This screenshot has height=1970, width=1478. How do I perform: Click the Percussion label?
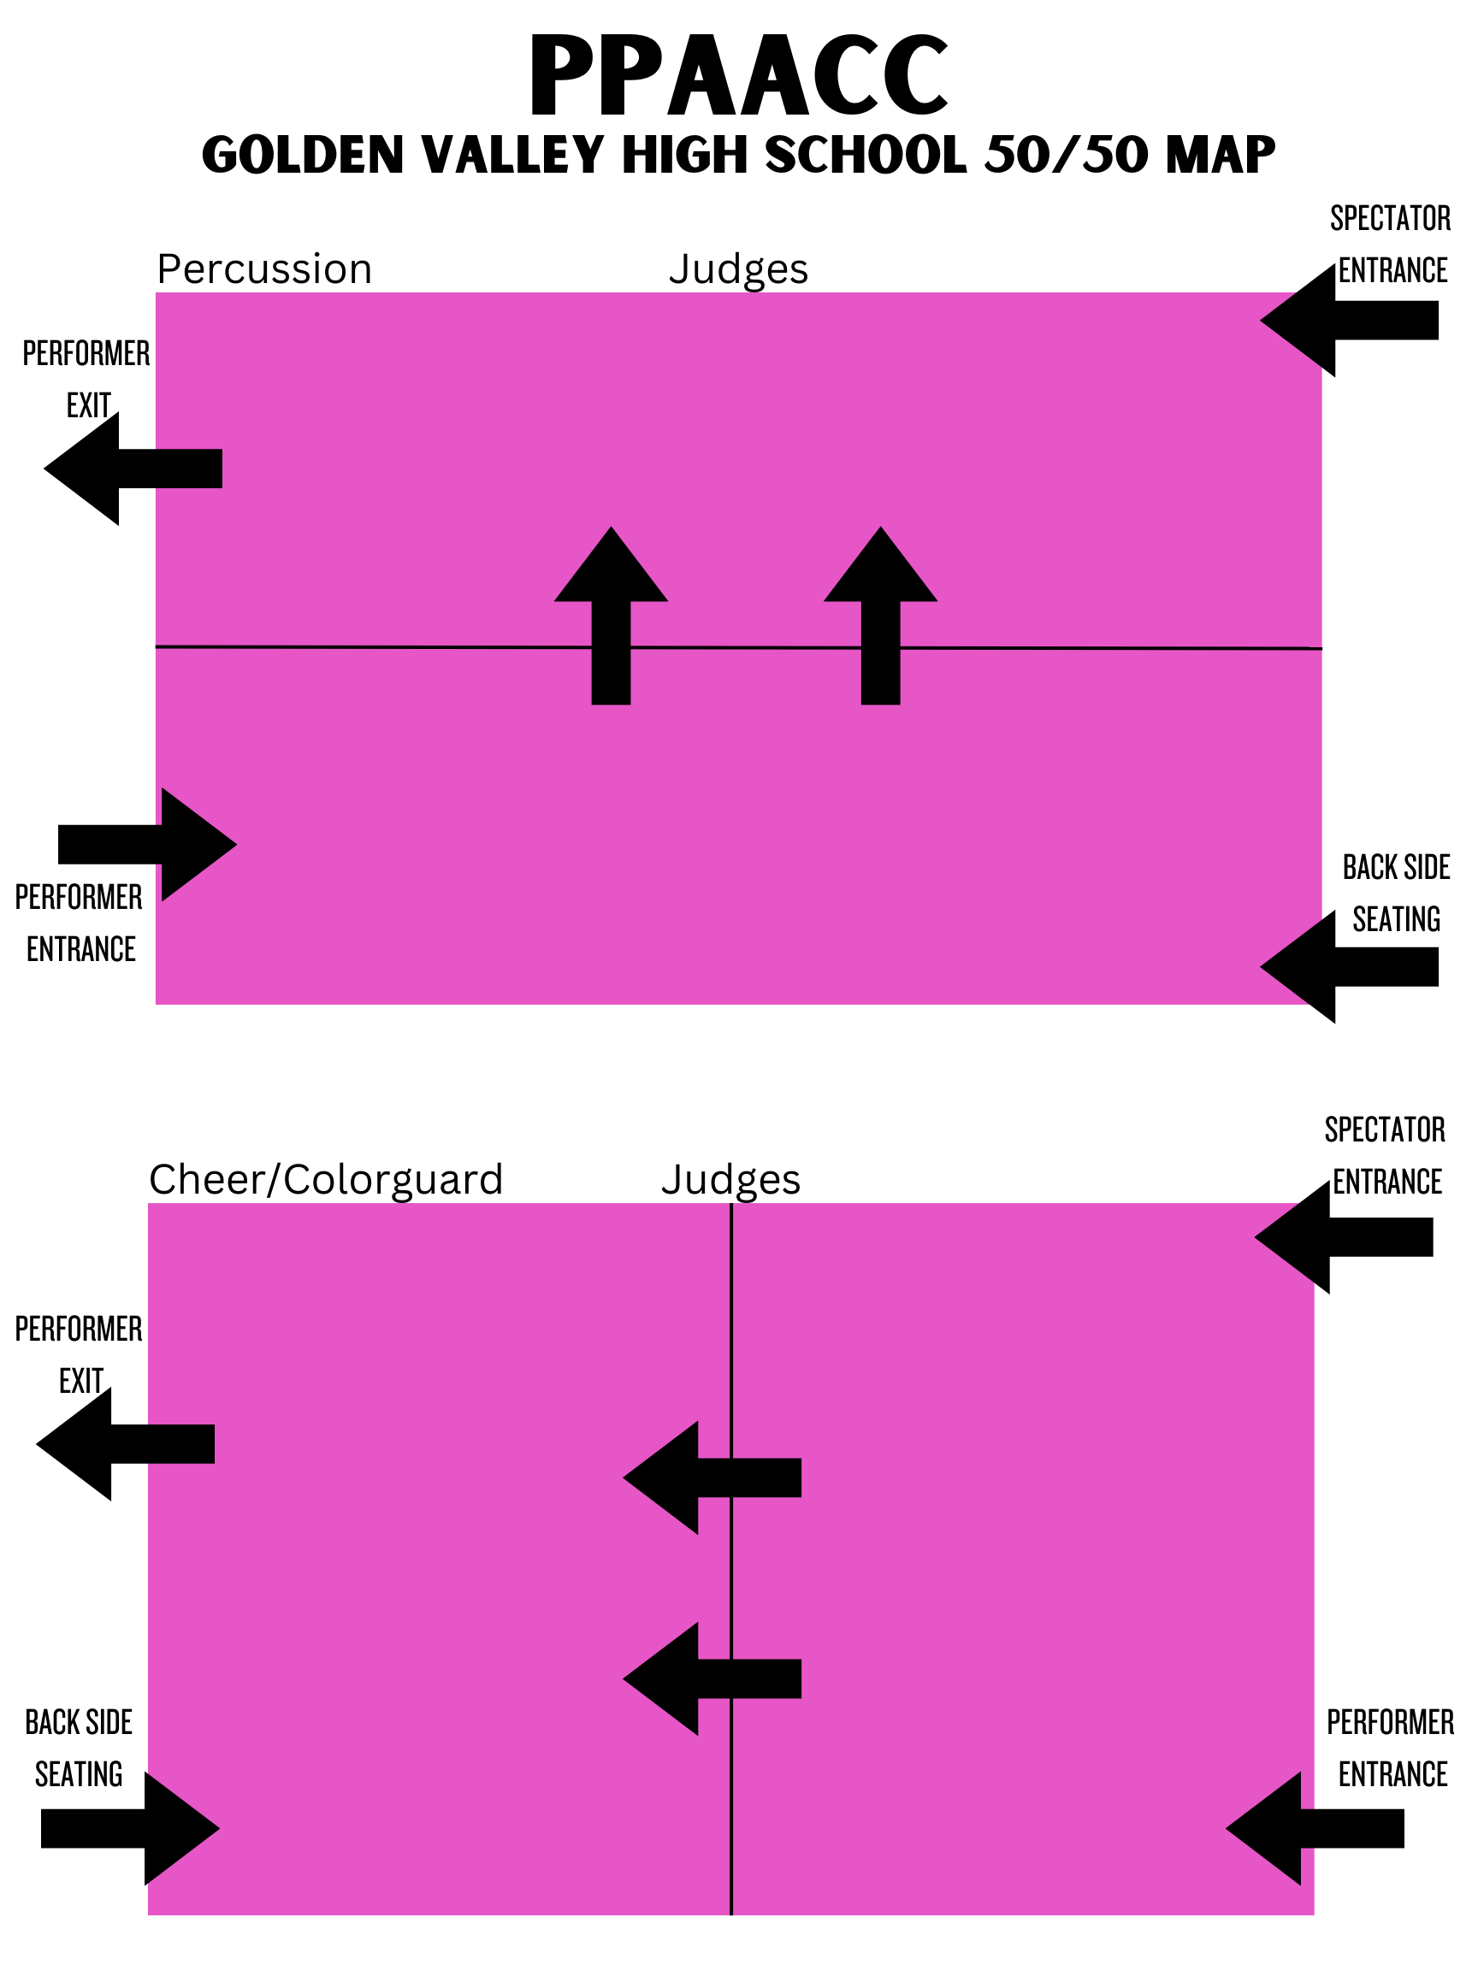[264, 269]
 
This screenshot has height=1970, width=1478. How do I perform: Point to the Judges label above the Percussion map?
[738, 269]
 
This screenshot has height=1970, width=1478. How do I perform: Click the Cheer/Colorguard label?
[326, 1179]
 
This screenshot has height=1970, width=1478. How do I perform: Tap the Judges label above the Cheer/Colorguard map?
[730, 1179]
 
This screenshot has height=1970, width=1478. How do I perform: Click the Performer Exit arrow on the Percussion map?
[133, 469]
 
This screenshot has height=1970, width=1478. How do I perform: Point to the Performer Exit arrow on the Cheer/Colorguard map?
[125, 1444]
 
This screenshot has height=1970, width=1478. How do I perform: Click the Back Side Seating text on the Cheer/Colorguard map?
[79, 1749]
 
